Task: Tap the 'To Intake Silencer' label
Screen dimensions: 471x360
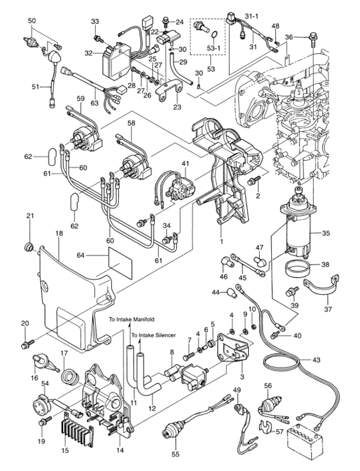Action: (x=154, y=335)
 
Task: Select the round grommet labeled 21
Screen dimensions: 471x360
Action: (x=28, y=247)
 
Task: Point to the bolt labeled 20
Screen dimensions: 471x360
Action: (x=26, y=345)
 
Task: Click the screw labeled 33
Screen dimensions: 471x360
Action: (x=98, y=39)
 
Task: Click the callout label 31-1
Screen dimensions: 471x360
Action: (x=252, y=14)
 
